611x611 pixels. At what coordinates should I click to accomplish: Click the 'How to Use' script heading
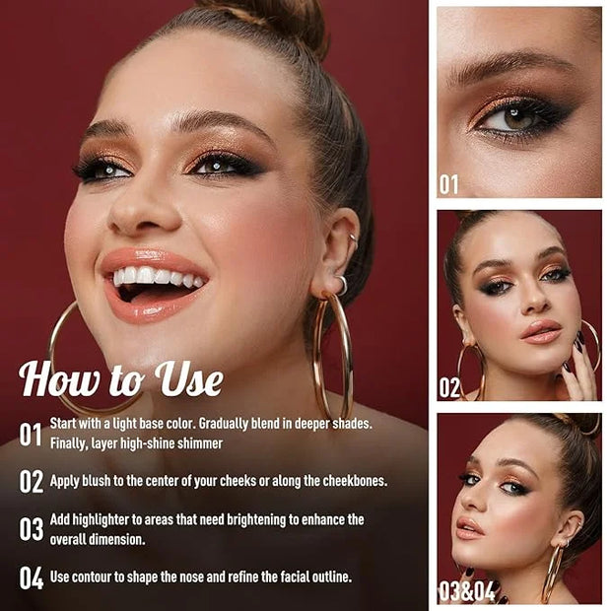tap(121, 378)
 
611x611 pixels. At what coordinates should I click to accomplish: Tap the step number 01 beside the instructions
tap(31, 434)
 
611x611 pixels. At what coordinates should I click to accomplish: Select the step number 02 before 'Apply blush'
tap(32, 481)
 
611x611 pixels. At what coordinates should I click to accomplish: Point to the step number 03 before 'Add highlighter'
tap(32, 529)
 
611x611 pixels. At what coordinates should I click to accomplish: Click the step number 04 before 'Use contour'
tap(32, 577)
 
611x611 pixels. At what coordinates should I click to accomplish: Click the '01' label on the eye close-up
tap(449, 184)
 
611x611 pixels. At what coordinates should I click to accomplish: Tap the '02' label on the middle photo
tap(449, 387)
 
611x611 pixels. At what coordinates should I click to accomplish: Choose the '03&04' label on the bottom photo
tap(466, 591)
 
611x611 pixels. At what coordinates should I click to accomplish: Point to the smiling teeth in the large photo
tap(158, 277)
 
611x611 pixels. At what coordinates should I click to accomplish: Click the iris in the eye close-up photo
tap(515, 118)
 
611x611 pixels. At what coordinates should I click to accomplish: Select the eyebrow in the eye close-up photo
tap(507, 67)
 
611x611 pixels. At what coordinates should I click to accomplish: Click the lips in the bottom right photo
tap(470, 528)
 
